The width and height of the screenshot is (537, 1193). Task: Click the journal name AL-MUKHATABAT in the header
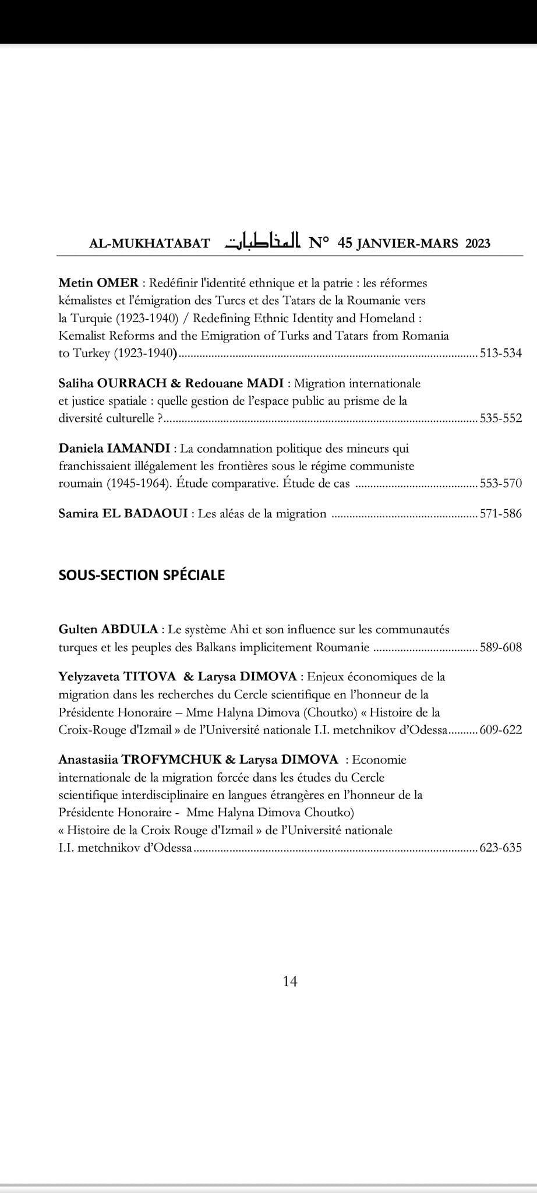point(149,243)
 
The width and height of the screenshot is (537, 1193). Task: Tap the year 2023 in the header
point(478,243)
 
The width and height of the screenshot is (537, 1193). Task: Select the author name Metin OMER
point(98,284)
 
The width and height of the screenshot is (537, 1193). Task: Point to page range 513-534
point(501,353)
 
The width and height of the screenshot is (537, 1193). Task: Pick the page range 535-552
point(501,418)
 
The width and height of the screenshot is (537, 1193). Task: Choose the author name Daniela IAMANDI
point(114,449)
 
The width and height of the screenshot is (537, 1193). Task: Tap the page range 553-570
point(501,483)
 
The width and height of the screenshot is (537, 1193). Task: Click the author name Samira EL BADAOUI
point(123,514)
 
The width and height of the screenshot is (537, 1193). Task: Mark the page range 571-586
point(501,514)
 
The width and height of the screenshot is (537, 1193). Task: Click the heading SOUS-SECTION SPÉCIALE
point(142,575)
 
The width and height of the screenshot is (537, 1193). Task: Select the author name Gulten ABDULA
point(108,630)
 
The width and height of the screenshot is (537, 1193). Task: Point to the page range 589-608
point(501,647)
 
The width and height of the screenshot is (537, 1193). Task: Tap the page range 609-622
point(501,730)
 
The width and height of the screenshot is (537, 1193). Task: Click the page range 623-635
point(501,848)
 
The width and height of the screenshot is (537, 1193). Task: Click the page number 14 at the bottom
point(290,982)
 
